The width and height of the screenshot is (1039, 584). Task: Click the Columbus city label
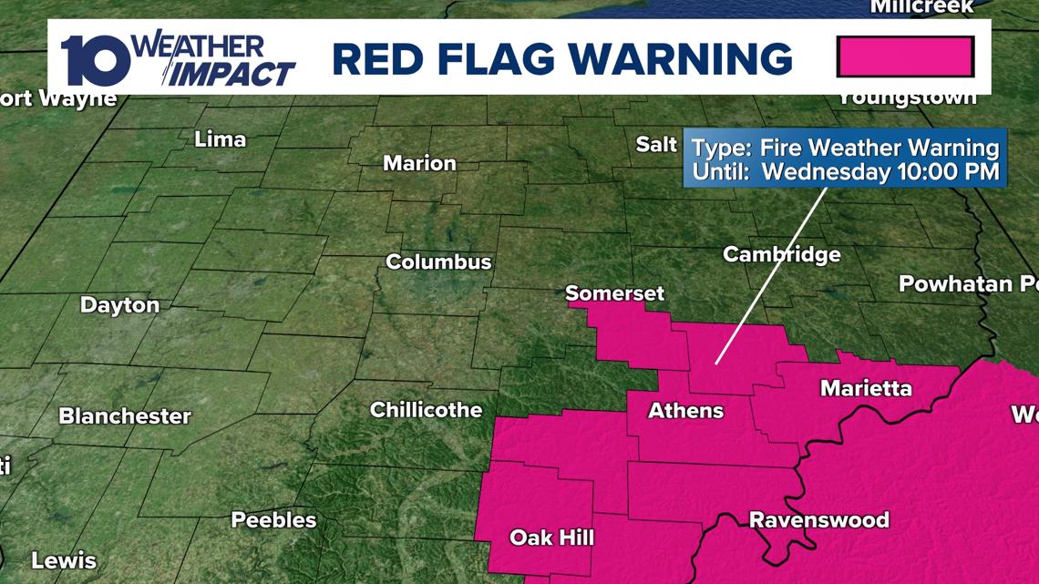438,261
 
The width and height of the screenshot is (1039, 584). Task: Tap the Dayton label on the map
119,305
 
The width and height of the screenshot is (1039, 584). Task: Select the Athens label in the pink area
685,411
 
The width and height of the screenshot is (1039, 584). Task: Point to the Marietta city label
866,389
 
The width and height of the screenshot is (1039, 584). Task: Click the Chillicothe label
426,410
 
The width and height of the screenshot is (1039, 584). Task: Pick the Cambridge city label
781,254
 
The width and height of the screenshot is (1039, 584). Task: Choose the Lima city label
221,139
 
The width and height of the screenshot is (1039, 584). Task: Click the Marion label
419,163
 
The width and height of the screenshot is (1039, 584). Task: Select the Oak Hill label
551,538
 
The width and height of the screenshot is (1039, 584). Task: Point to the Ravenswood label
818,520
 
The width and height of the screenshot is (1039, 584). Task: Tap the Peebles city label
273,520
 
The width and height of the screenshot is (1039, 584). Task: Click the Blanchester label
125,416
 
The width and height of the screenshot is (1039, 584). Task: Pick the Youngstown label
907,97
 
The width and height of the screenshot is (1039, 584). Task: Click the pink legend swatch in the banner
905,56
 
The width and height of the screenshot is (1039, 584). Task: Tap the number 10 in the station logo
93,61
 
